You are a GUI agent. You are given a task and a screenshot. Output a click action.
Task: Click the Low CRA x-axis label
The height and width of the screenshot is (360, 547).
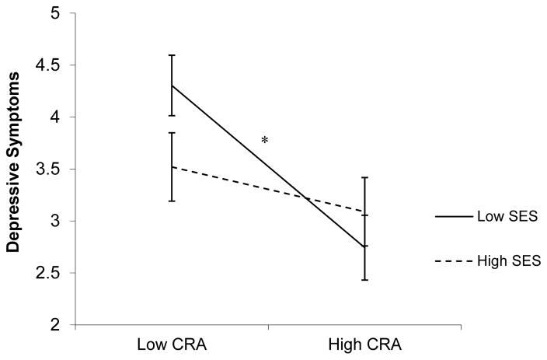(171, 344)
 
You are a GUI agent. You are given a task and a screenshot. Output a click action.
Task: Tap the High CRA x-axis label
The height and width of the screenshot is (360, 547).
(364, 344)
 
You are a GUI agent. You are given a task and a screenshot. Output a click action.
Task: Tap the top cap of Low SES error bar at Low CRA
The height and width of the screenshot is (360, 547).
(171, 55)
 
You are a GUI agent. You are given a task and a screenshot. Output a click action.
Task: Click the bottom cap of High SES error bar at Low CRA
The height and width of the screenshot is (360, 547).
(171, 201)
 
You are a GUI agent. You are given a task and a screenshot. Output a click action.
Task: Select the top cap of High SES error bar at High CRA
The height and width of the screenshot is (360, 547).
(364, 178)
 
